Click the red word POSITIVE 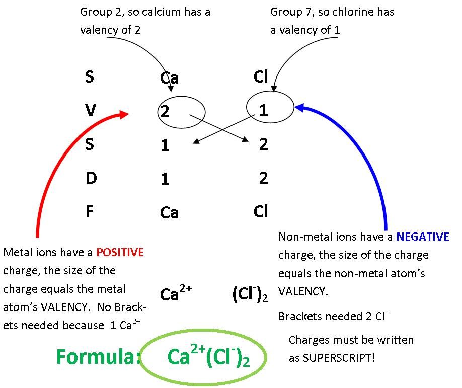120,252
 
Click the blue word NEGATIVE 422,237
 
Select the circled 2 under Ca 165,111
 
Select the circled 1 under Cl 264,110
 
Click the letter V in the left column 90,110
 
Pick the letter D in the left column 91,178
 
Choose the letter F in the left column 90,211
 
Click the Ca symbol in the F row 169,213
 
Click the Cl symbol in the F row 261,211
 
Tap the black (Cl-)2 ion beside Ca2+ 250,294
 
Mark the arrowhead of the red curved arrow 125,114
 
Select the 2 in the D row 263,178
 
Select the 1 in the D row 165,179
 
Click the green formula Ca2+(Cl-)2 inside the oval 208,357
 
